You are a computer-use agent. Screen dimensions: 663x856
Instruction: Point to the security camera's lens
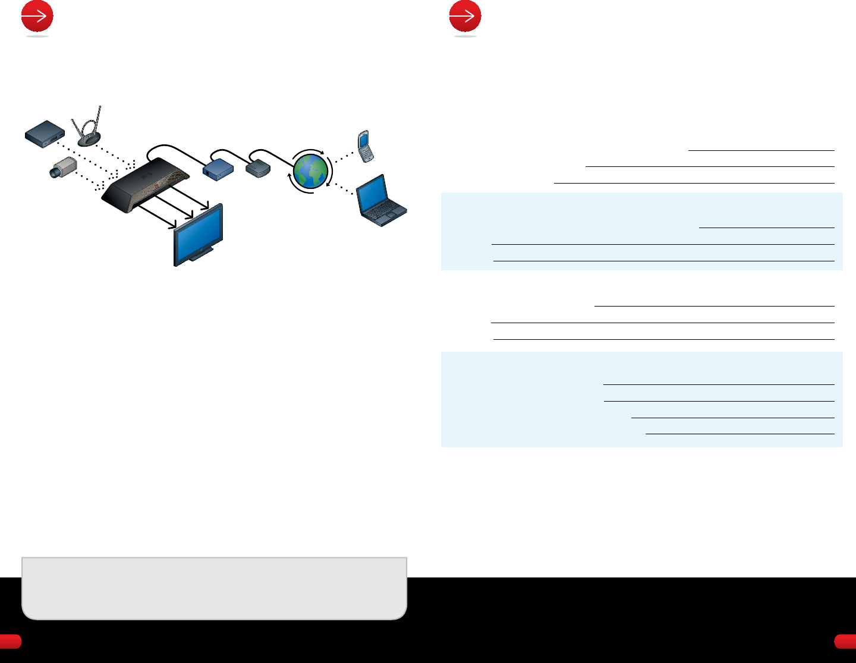pos(54,173)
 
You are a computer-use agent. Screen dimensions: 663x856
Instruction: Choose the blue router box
pos(218,169)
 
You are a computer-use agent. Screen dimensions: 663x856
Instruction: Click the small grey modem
pos(259,169)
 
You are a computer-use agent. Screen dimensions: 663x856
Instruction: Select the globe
pos(310,171)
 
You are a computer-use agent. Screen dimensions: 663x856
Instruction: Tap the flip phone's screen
pos(363,140)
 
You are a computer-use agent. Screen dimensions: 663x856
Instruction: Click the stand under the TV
pos(201,256)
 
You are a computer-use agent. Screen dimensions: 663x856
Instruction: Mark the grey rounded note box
pos(214,588)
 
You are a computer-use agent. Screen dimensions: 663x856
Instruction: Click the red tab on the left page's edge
pos(10,641)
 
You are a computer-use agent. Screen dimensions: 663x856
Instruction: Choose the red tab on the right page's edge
pos(845,641)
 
